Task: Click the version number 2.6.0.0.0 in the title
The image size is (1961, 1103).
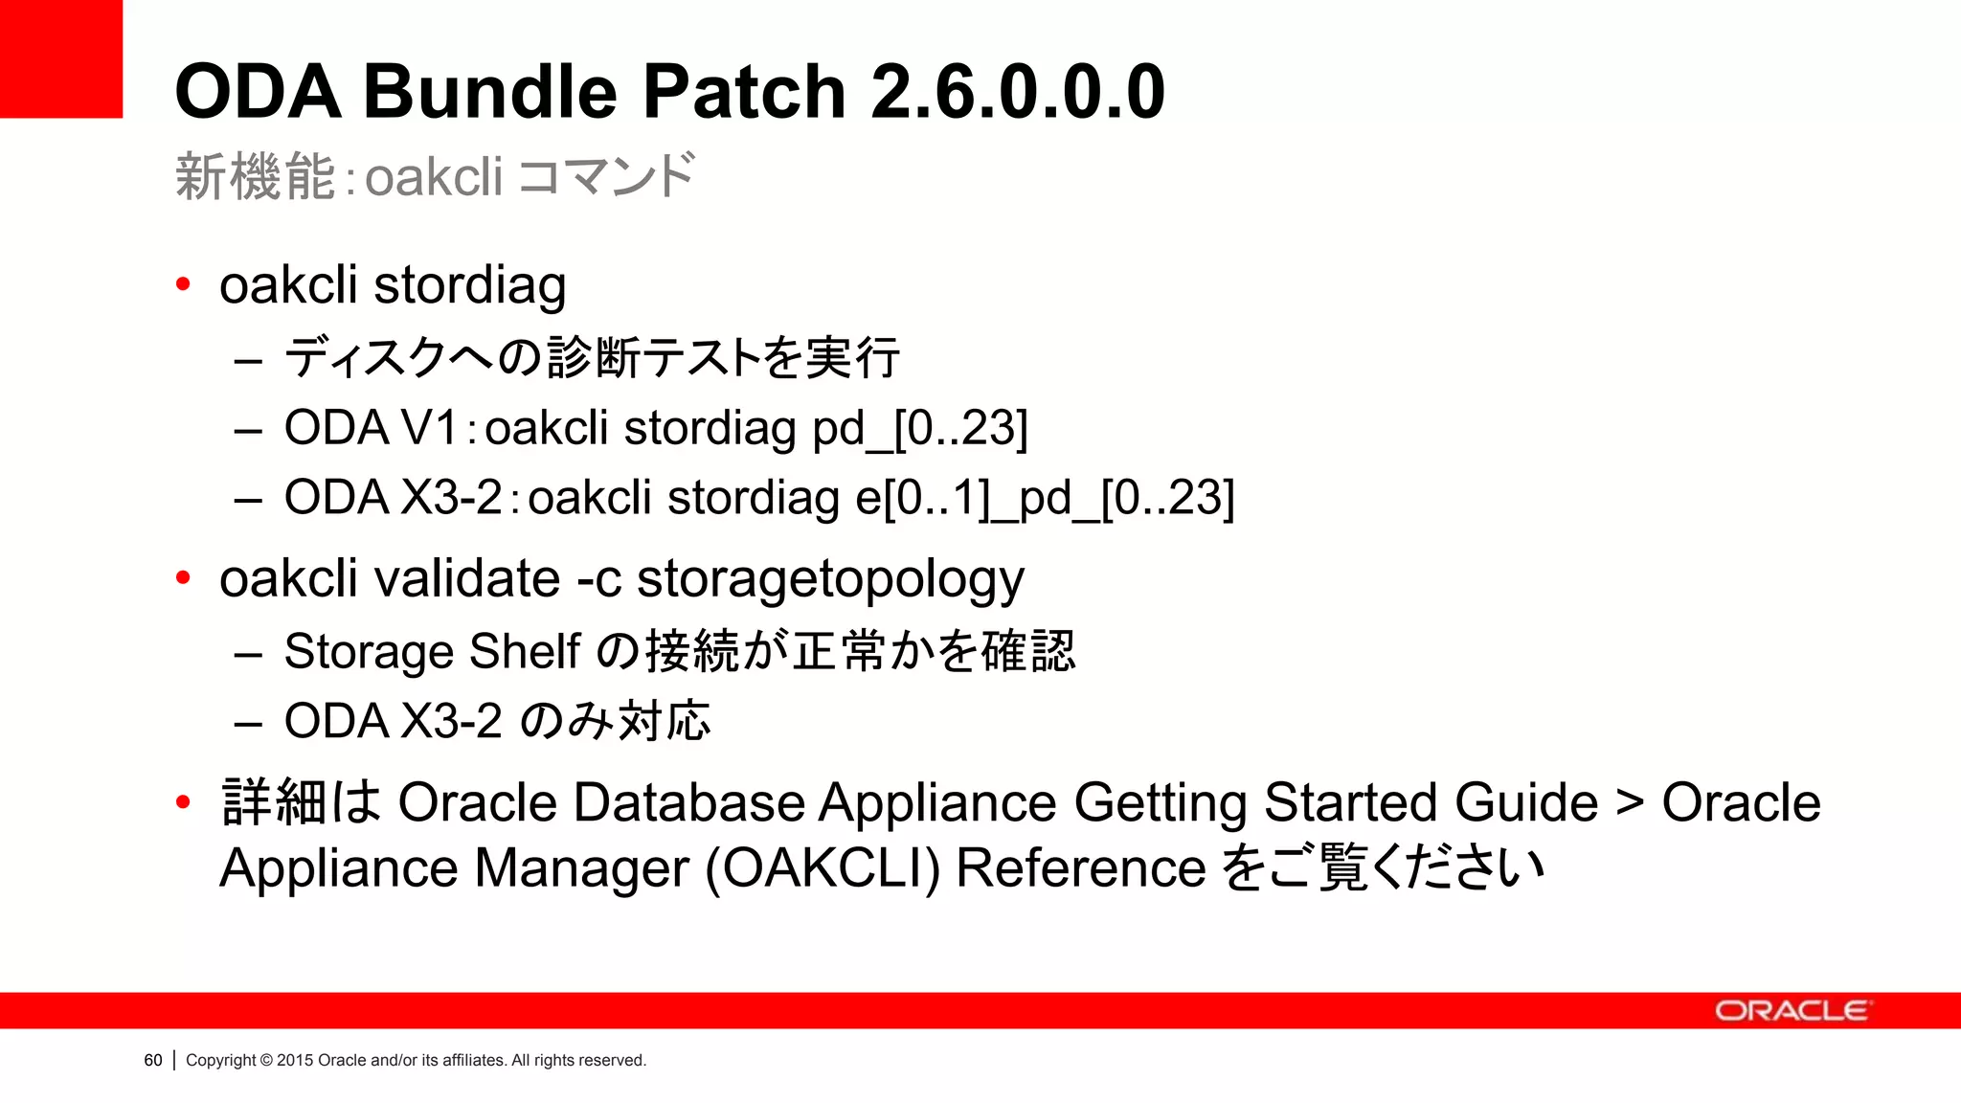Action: coord(1017,92)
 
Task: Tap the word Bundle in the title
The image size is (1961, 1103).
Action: coord(489,92)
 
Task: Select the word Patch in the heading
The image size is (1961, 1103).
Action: coord(743,92)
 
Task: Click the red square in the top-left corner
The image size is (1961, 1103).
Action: coord(60,58)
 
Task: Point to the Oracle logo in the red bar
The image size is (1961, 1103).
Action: coord(1790,1011)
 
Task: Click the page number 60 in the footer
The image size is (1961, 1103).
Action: coord(153,1060)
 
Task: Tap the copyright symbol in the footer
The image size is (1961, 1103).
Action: coord(266,1060)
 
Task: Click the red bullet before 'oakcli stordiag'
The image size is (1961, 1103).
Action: coord(183,284)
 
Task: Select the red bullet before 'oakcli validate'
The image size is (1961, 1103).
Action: coord(183,578)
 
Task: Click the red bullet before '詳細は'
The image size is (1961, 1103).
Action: coord(183,802)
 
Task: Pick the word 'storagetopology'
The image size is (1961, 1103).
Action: coord(830,580)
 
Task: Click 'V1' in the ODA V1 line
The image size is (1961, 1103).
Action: coord(429,427)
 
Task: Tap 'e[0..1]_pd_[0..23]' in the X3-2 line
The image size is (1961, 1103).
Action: coord(1044,498)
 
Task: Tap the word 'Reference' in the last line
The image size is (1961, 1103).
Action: coord(1080,868)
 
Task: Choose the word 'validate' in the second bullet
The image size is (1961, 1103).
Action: coord(466,578)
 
